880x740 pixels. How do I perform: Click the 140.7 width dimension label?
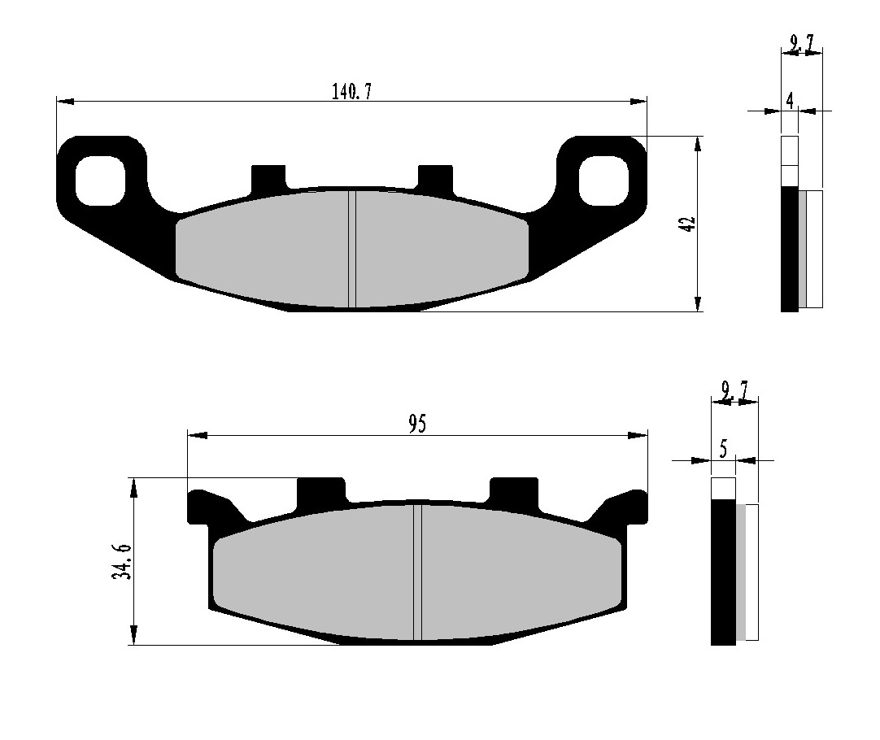[x=351, y=91]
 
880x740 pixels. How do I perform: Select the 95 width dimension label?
[x=417, y=424]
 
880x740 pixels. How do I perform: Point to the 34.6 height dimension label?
[x=122, y=562]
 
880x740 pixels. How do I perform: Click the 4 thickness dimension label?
[x=790, y=101]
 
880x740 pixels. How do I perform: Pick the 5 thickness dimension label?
[x=723, y=450]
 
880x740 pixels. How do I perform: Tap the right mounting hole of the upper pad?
[x=603, y=181]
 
